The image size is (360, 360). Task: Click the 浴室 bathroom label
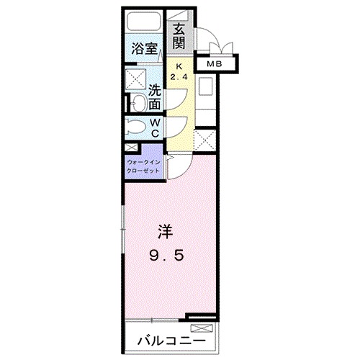144,49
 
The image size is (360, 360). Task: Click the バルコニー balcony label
171,341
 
